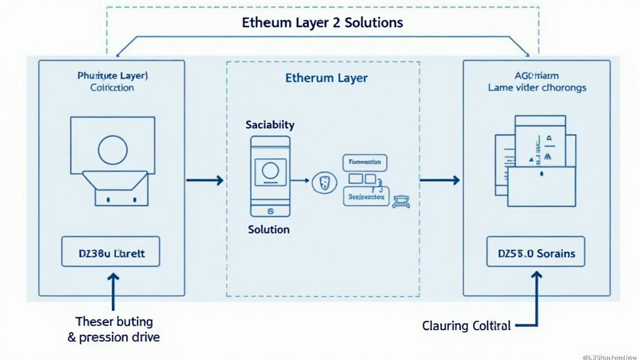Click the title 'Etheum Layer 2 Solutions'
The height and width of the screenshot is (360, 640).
pos(322,22)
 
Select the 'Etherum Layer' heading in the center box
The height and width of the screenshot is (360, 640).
pos(326,78)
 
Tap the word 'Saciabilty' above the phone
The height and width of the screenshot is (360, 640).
pos(270,125)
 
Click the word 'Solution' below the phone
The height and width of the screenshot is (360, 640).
pos(269,229)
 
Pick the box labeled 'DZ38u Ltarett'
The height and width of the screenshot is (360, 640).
pos(111,254)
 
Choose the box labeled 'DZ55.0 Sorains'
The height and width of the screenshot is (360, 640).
pos(536,254)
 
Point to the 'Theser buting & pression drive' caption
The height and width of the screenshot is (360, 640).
pos(114,329)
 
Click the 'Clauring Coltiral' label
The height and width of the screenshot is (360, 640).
pos(466,326)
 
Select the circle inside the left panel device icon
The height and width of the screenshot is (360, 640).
pos(113,150)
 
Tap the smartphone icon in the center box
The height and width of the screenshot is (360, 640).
pos(270,177)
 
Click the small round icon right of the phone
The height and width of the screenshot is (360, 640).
pos(323,182)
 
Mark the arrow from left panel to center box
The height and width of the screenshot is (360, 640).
pos(205,181)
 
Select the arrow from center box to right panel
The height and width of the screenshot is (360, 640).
pos(439,181)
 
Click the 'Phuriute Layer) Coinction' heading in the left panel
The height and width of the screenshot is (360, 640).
pos(112,81)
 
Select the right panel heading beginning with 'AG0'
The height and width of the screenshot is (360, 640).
pos(537,81)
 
